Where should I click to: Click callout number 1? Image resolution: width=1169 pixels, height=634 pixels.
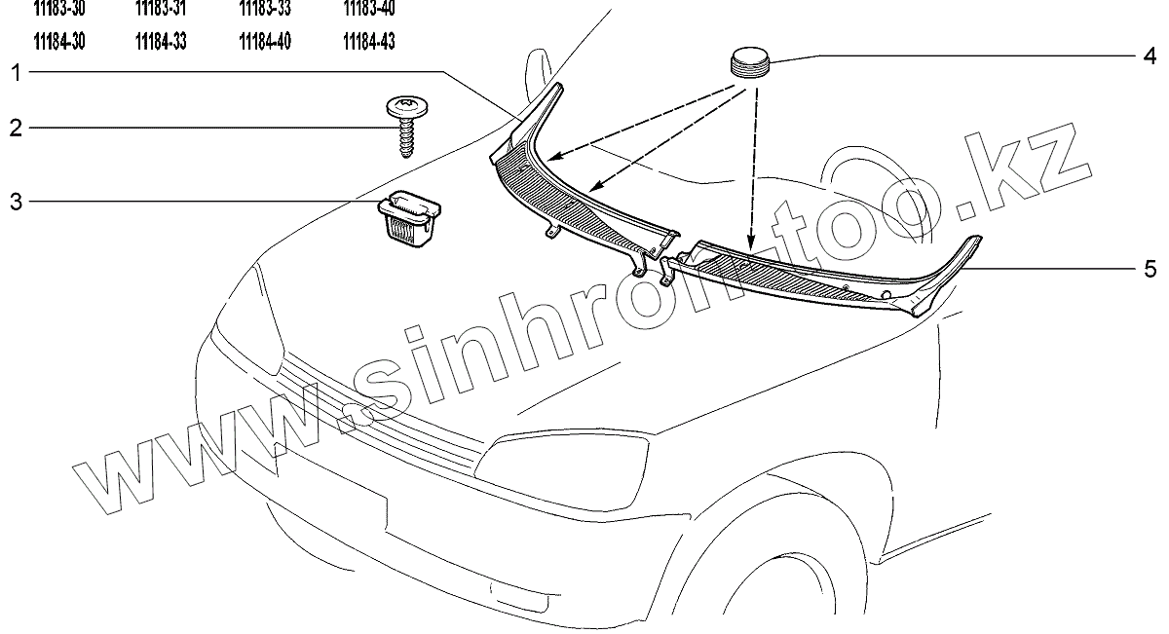coord(16,71)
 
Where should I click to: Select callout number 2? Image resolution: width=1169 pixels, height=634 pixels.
coord(16,128)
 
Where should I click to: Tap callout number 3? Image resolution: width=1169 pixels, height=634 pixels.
coord(16,202)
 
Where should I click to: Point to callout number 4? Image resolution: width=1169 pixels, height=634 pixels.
coord(1150,56)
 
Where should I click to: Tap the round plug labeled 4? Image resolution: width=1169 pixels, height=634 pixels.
coord(750,63)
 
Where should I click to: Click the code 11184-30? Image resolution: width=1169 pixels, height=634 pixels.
coord(57,42)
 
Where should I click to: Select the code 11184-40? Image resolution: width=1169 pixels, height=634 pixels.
coord(265,42)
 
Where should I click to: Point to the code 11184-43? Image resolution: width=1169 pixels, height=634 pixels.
coord(369,42)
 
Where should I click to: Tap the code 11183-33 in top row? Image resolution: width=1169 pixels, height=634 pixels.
coord(265,8)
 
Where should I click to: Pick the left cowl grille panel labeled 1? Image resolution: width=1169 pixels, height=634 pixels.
coord(575,200)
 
